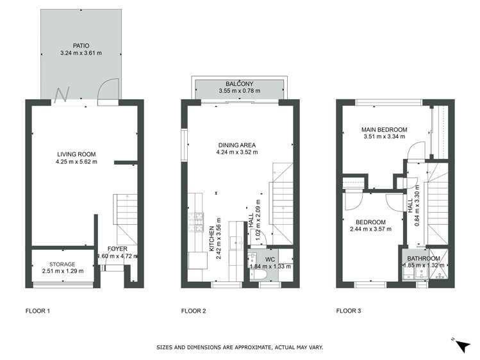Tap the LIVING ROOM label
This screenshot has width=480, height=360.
point(76,154)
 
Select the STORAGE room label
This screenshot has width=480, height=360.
point(62,264)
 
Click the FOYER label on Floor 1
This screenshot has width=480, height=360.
point(117,249)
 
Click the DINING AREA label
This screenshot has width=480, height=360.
point(237,145)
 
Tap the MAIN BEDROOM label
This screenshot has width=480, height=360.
point(385,129)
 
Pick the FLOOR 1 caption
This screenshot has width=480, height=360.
point(37,311)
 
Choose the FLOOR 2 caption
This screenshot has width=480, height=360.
point(194,311)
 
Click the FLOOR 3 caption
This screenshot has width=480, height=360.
point(349,311)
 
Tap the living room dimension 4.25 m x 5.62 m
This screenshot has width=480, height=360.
point(76,161)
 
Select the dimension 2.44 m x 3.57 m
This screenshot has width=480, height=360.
point(370,229)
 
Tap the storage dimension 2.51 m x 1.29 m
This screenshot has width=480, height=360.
point(62,272)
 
